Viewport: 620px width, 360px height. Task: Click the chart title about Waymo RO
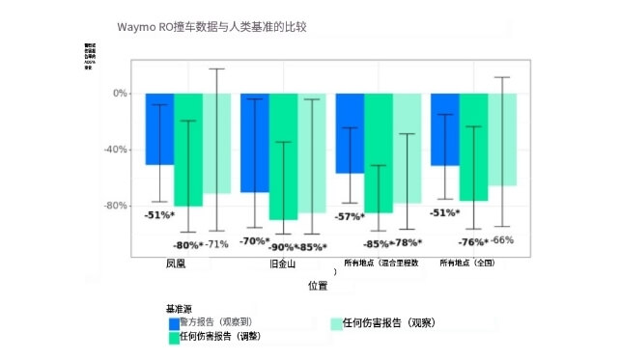pyautogui.click(x=220, y=26)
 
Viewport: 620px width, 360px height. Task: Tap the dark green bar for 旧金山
pyautogui.click(x=283, y=155)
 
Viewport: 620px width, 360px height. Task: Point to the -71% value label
pyautogui.click(x=216, y=243)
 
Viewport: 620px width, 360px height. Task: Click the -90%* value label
pyautogui.click(x=284, y=247)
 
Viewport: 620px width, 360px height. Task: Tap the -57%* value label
pyautogui.click(x=350, y=216)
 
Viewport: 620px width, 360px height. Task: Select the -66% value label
pyautogui.click(x=502, y=239)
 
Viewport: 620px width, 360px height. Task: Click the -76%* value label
pyautogui.click(x=472, y=242)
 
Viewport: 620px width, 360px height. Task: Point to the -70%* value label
pyautogui.click(x=255, y=240)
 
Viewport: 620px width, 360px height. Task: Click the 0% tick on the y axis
pyautogui.click(x=120, y=94)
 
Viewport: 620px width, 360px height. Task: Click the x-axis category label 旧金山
pyautogui.click(x=283, y=263)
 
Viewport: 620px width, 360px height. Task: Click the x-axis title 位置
pyautogui.click(x=317, y=286)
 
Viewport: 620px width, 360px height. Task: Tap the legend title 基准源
pyautogui.click(x=179, y=309)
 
